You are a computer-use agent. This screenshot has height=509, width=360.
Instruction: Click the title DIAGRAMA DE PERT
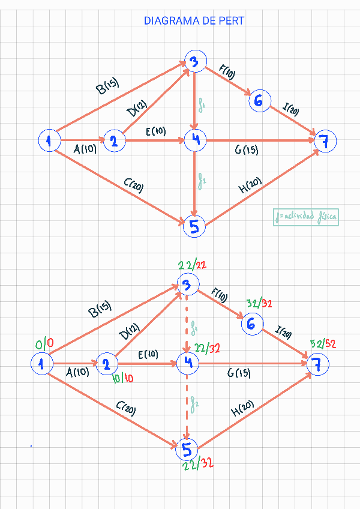coord(194,21)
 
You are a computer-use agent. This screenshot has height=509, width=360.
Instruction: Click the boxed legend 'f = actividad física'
coord(305,217)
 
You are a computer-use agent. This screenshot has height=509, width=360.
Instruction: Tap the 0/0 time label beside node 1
coord(44,344)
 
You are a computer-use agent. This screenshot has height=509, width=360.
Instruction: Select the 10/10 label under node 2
coord(123,378)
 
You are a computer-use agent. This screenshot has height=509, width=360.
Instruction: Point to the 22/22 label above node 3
coord(193,265)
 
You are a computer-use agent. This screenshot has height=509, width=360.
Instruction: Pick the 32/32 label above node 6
coord(259,304)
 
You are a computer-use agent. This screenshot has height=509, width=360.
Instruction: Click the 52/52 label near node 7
coord(323,344)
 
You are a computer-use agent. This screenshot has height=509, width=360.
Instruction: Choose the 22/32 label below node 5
coord(198,463)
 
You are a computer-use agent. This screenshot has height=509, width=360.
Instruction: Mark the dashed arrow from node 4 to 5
coord(187,405)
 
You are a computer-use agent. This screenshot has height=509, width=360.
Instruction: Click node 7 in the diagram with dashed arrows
coord(317,363)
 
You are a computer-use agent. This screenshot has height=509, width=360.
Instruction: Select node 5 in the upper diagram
coord(195,226)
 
